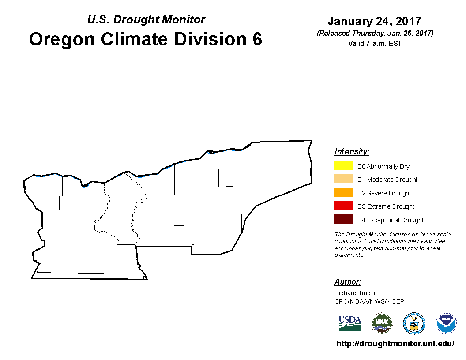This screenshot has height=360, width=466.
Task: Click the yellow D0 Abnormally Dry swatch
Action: pyautogui.click(x=343, y=165)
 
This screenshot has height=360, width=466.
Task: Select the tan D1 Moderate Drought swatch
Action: pyautogui.click(x=343, y=179)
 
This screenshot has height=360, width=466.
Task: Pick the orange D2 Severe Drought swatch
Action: pyautogui.click(x=343, y=192)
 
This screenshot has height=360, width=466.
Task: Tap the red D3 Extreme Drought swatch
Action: pyautogui.click(x=343, y=206)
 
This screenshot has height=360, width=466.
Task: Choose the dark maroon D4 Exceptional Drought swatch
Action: pyautogui.click(x=343, y=219)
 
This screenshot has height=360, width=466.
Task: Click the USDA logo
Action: pyautogui.click(x=350, y=323)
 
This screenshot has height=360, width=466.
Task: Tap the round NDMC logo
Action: pyautogui.click(x=382, y=323)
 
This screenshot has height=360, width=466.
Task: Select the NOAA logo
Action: pyautogui.click(x=446, y=323)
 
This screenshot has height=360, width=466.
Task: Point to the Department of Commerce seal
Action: pyautogui.click(x=414, y=323)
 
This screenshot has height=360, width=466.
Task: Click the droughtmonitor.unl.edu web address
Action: pyautogui.click(x=395, y=344)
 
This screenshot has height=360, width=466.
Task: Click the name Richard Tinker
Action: pyautogui.click(x=355, y=293)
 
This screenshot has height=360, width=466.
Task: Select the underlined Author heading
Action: pyautogui.click(x=347, y=281)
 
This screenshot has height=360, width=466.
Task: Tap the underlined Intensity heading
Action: pyautogui.click(x=352, y=151)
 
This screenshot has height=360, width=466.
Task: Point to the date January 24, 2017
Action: pyautogui.click(x=375, y=21)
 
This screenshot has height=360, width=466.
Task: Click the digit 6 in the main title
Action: pyautogui.click(x=257, y=39)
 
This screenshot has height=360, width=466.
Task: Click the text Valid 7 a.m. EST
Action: pyautogui.click(x=375, y=43)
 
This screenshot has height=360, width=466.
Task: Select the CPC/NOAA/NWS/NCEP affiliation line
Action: pyautogui.click(x=369, y=301)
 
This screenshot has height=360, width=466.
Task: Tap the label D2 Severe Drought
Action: pyautogui.click(x=384, y=193)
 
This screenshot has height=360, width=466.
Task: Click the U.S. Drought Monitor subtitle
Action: pyautogui.click(x=146, y=19)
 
